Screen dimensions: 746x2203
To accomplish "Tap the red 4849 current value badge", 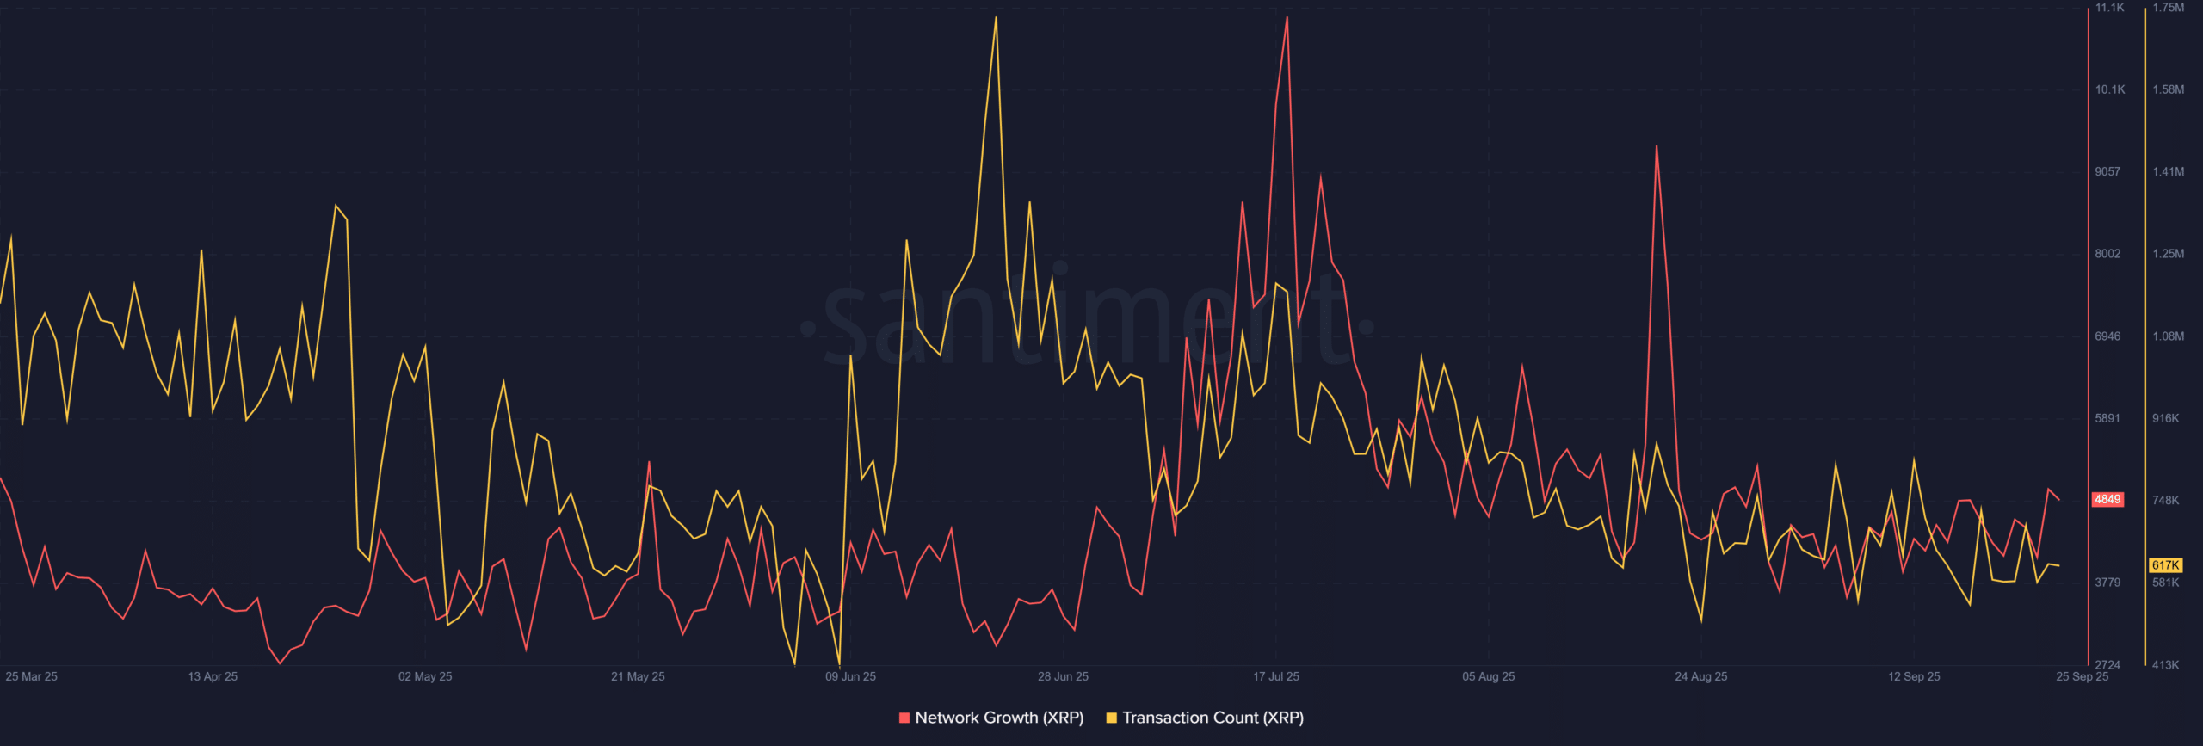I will point(2107,500).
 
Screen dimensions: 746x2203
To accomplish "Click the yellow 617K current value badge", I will point(2165,565).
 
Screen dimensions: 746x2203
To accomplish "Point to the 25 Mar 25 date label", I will point(32,676).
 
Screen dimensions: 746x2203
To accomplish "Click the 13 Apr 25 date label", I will point(213,676).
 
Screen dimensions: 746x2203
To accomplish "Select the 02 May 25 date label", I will point(425,676).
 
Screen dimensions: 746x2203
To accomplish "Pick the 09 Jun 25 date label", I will point(850,676).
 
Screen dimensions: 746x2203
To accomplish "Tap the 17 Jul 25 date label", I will point(1276,676).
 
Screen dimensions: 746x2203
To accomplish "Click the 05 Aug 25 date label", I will point(1489,676).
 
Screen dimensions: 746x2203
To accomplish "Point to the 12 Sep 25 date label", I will point(1914,676).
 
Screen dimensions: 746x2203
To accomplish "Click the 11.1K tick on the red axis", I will point(2110,8).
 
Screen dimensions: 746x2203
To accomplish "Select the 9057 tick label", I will point(2107,172).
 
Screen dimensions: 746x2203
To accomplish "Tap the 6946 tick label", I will point(2107,336).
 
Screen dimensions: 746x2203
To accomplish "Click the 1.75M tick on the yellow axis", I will point(2169,8).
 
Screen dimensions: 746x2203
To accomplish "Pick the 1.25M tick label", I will point(2169,254).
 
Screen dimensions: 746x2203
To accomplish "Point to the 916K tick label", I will point(2166,418).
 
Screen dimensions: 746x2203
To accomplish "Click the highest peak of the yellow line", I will point(996,17).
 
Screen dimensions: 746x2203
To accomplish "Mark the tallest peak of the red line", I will point(1287,17).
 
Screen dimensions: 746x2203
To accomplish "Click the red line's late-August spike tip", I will point(1657,146).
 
